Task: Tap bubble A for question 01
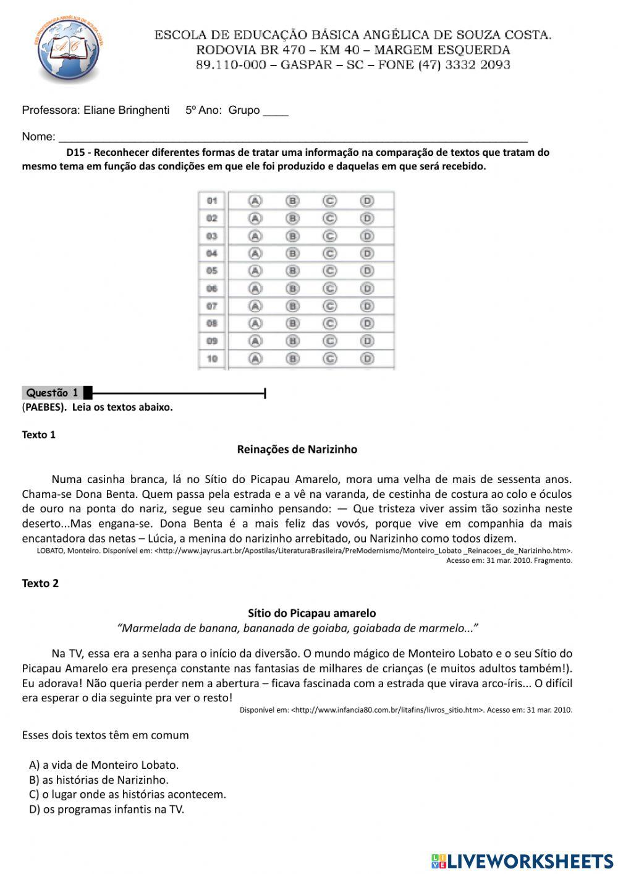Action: (x=255, y=201)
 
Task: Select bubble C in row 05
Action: (x=330, y=271)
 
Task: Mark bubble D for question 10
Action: (x=367, y=359)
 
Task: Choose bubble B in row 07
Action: (x=292, y=306)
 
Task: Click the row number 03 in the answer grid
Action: (x=212, y=236)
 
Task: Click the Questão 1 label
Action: (x=53, y=393)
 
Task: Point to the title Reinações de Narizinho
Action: (x=297, y=450)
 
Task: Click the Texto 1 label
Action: (x=38, y=435)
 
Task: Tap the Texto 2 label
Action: (x=40, y=583)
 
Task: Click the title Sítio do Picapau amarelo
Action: (x=311, y=614)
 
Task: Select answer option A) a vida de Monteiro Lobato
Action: (x=104, y=765)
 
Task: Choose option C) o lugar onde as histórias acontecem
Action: (x=127, y=794)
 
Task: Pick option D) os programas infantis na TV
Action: (x=106, y=809)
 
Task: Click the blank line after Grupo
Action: (x=276, y=112)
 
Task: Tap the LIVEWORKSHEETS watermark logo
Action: (x=522, y=860)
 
